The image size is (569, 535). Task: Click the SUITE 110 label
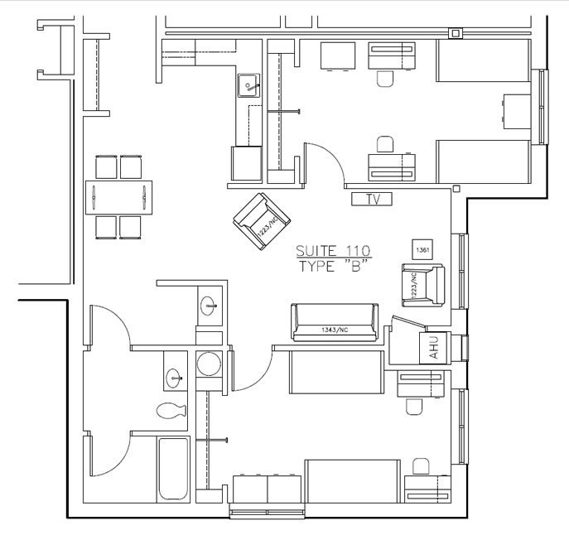click(334, 251)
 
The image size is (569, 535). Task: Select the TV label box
click(371, 199)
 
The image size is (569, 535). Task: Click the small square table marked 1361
click(422, 248)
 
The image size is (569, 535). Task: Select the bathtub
click(172, 469)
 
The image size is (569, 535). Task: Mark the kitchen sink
click(249, 84)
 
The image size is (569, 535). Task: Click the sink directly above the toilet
click(175, 378)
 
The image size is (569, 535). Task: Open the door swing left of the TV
click(325, 161)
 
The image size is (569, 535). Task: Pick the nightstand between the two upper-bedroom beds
click(518, 108)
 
